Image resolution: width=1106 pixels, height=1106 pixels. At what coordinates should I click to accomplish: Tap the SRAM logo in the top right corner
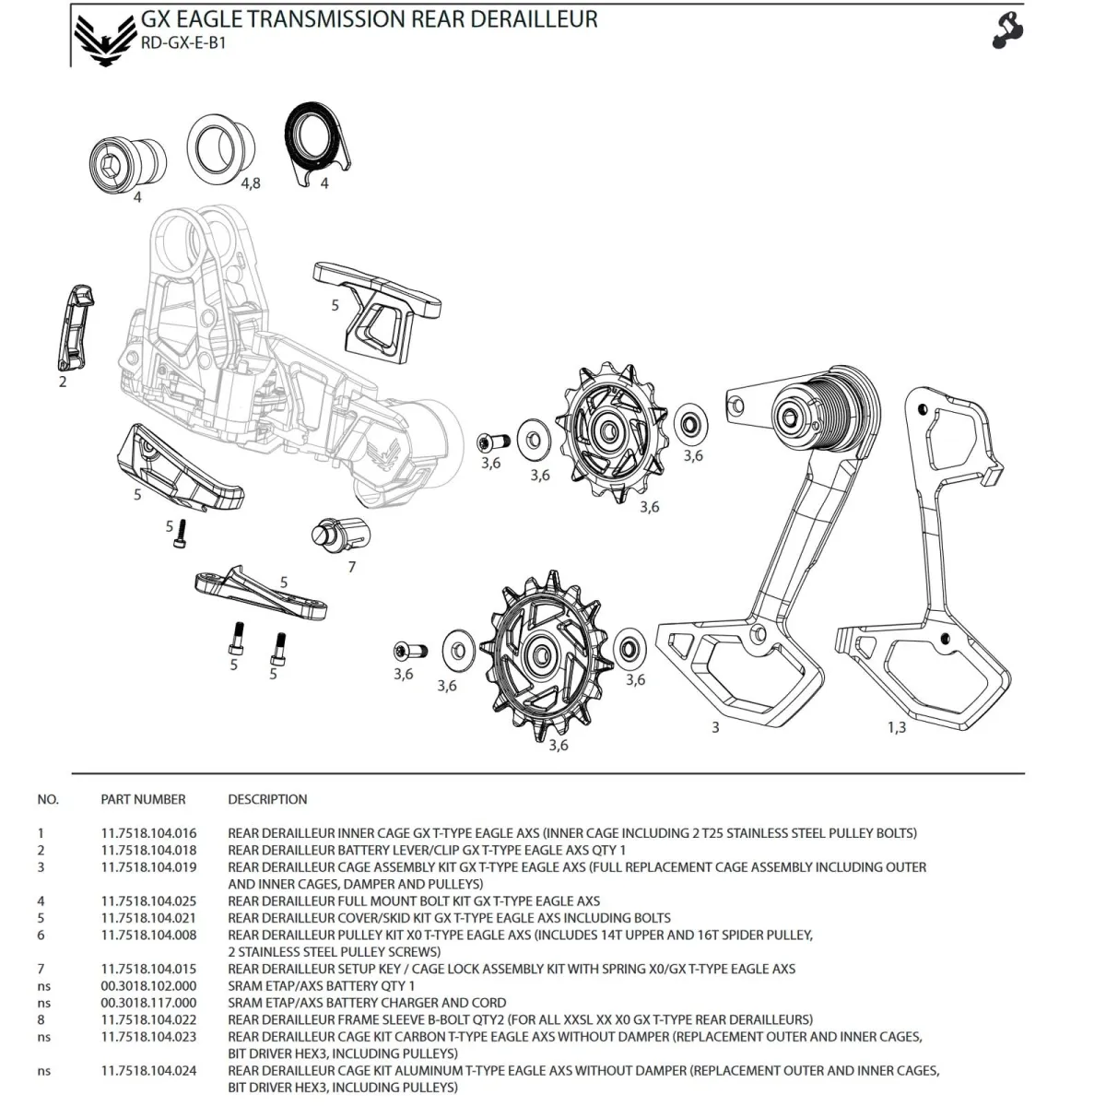(1008, 30)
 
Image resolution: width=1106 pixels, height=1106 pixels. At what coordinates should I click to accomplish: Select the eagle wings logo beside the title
(103, 36)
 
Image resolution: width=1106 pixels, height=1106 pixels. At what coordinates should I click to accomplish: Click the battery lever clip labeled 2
(75, 327)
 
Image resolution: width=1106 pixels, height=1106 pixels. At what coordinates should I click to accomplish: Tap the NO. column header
(48, 799)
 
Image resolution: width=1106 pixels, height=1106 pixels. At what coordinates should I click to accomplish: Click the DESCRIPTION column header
(267, 799)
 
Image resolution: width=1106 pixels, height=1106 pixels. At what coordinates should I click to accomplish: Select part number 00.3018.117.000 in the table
(148, 1002)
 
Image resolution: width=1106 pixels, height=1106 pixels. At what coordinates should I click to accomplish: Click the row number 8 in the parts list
(41, 1019)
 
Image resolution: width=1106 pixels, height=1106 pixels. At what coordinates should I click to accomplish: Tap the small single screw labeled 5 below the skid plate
(182, 534)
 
